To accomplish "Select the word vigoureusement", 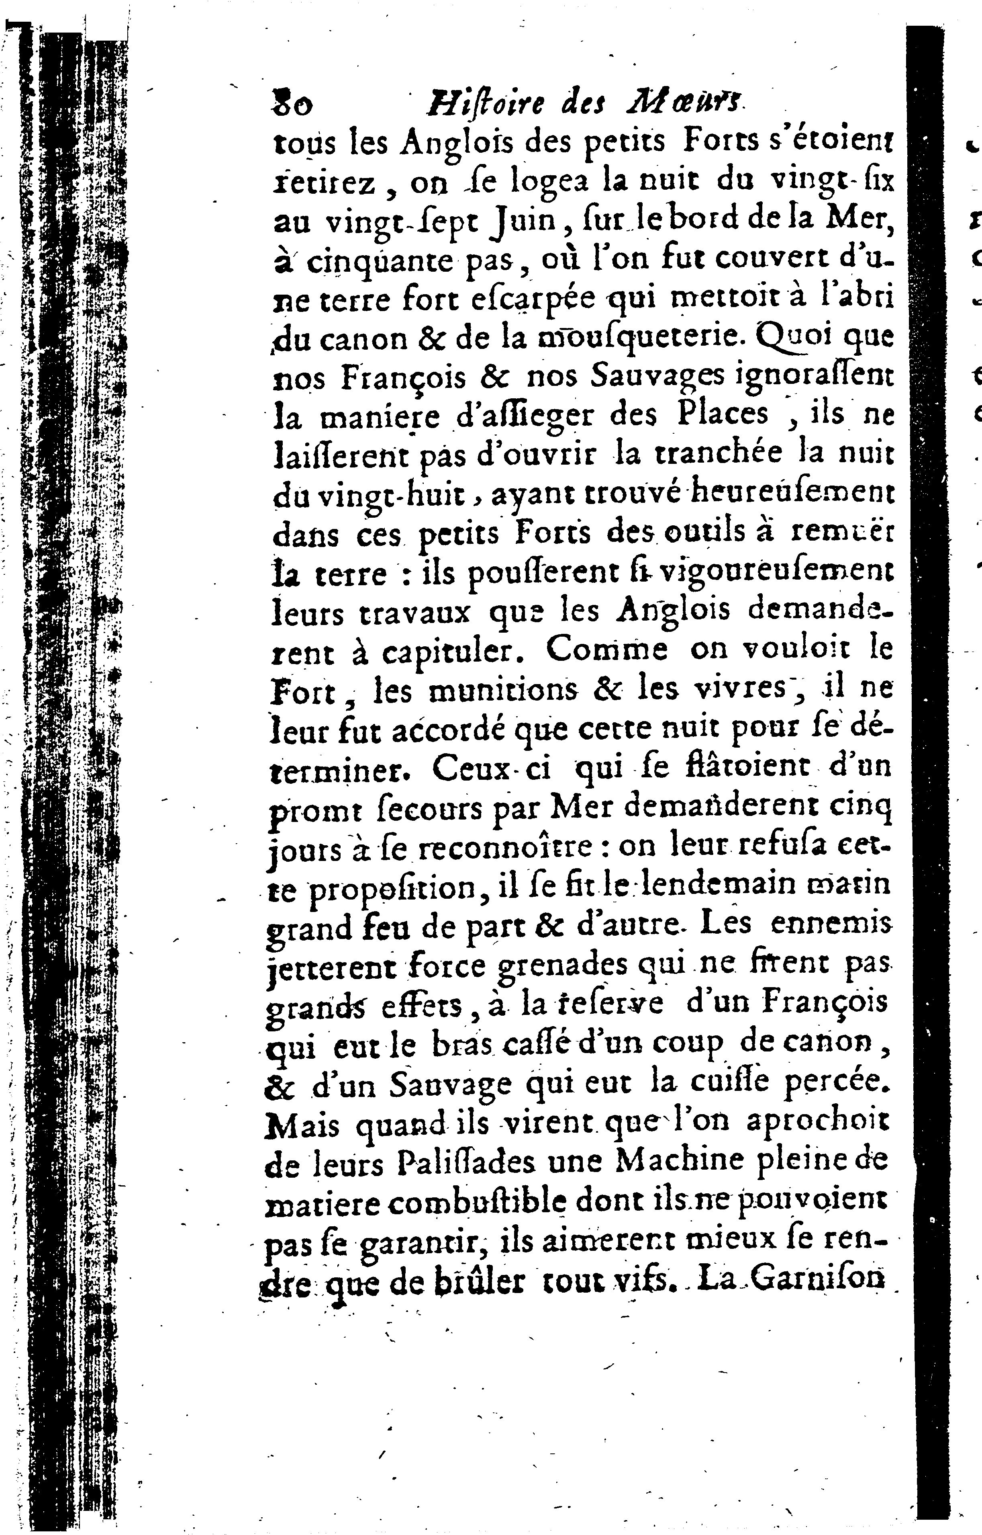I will click(x=774, y=573).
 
